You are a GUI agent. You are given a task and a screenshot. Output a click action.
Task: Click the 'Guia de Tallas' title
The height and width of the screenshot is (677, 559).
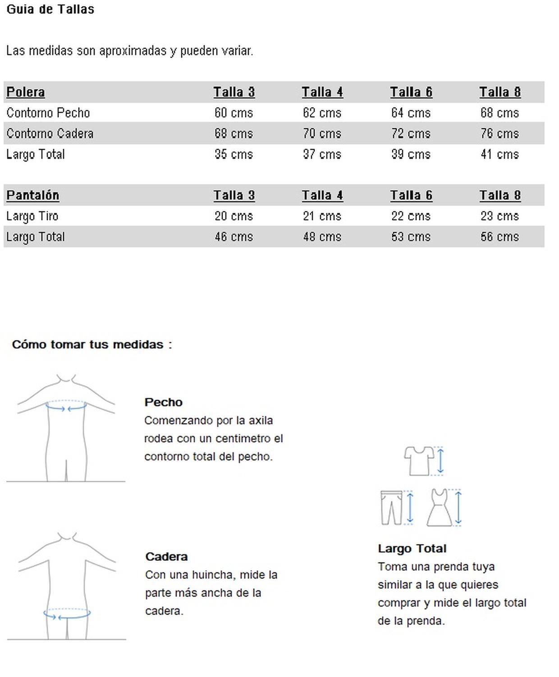tap(50, 9)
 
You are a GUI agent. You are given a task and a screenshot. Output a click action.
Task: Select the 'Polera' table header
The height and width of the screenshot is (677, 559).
tap(26, 92)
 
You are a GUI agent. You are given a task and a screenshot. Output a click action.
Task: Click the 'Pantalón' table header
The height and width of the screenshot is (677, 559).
tap(32, 195)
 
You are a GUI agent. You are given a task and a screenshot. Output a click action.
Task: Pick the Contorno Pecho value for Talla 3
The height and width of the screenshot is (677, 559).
tap(234, 113)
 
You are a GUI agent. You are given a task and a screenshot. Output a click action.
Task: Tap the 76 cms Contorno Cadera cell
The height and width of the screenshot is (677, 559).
tap(499, 134)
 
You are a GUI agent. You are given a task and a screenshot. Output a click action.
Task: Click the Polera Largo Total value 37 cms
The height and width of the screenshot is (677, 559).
tap(322, 154)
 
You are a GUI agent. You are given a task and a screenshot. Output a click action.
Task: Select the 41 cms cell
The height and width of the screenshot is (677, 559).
tap(499, 154)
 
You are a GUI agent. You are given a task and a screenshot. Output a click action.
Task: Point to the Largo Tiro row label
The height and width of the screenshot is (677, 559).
tap(32, 216)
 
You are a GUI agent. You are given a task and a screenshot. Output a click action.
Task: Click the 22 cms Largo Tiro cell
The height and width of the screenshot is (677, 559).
tap(411, 216)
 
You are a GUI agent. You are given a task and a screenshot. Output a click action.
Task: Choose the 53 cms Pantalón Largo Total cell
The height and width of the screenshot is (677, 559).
tap(411, 237)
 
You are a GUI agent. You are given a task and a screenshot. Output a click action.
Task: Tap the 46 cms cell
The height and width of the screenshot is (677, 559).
tap(234, 237)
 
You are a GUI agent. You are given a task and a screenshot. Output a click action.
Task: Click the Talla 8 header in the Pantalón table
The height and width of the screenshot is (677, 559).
tap(500, 195)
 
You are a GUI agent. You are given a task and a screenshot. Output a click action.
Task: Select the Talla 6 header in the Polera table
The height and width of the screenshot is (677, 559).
tap(411, 92)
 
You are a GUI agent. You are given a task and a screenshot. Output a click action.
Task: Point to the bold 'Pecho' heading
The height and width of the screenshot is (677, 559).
tap(163, 402)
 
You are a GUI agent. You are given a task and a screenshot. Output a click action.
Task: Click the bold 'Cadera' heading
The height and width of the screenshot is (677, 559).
tap(166, 556)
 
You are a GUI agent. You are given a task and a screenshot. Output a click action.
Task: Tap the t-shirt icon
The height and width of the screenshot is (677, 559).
tap(418, 460)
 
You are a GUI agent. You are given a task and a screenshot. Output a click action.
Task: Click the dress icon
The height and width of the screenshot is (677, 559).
tap(439, 508)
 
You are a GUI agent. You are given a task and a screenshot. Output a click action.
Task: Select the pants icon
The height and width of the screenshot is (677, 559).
tap(391, 508)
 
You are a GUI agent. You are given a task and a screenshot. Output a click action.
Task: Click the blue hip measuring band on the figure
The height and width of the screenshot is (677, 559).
tap(67, 614)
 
